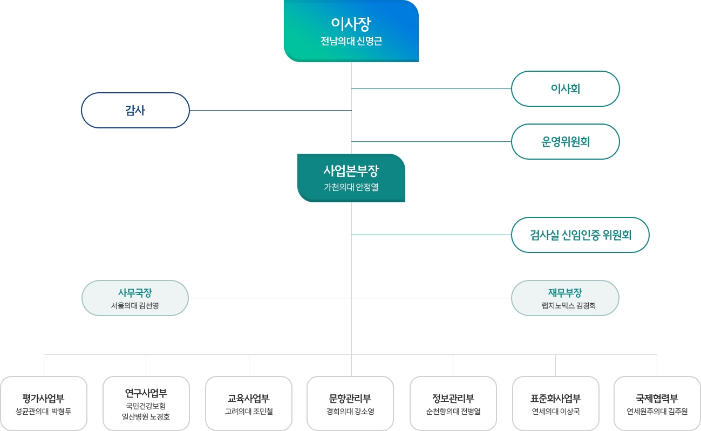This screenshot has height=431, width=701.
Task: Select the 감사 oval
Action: point(135,110)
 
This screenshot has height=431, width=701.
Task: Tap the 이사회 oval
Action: point(565,88)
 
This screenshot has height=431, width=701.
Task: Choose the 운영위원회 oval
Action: point(565,141)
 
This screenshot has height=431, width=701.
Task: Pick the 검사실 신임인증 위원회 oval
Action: point(580,235)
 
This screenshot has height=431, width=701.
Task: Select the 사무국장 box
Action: point(135,298)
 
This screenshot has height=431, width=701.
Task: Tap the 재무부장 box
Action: point(565,298)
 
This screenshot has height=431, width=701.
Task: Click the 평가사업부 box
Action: point(44,403)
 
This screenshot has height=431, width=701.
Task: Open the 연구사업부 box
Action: point(146,403)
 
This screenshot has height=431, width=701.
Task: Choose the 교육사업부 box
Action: point(249,403)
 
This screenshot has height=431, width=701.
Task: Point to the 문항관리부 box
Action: point(350,403)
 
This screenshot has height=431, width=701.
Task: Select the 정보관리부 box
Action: point(453,403)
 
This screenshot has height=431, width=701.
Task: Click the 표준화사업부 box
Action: point(555,403)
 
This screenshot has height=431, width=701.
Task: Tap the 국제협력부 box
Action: point(657,403)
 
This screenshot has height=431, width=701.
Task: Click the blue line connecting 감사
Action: point(270,110)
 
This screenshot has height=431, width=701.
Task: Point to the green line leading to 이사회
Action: point(432,88)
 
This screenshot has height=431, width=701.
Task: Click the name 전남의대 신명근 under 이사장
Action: point(351,41)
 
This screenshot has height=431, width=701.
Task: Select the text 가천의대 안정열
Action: point(351,188)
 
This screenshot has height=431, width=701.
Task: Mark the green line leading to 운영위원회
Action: point(432,141)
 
